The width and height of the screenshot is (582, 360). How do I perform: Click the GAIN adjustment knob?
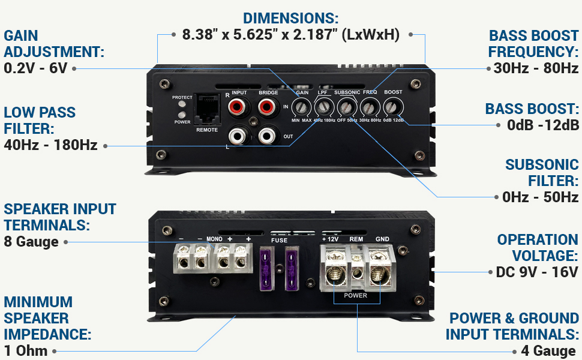point(302,107)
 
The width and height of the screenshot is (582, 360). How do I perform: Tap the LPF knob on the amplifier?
point(324,107)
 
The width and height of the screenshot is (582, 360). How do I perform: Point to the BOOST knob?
point(394,107)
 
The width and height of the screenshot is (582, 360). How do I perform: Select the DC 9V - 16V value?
point(537,272)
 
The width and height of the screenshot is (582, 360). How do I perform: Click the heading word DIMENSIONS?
point(290,18)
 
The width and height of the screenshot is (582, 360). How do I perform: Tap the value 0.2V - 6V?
point(35,68)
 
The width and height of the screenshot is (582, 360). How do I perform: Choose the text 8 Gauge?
point(31,242)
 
